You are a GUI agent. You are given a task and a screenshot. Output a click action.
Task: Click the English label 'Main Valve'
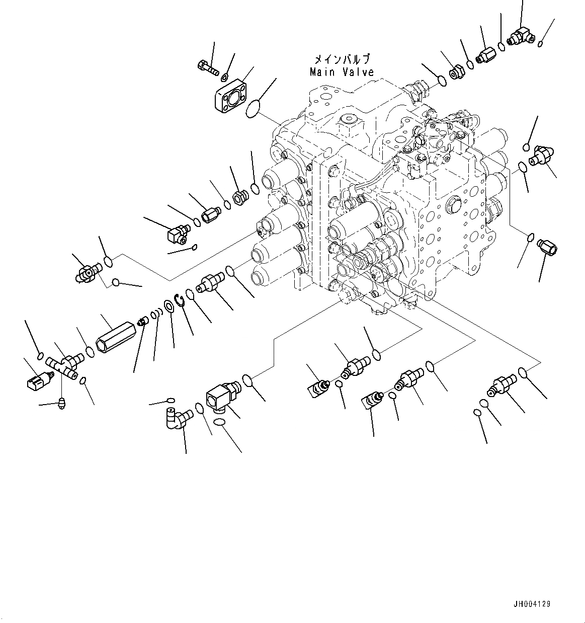342,72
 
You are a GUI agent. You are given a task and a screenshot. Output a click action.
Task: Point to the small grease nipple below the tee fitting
62,403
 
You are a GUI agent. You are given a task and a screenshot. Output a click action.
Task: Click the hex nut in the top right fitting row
456,72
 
